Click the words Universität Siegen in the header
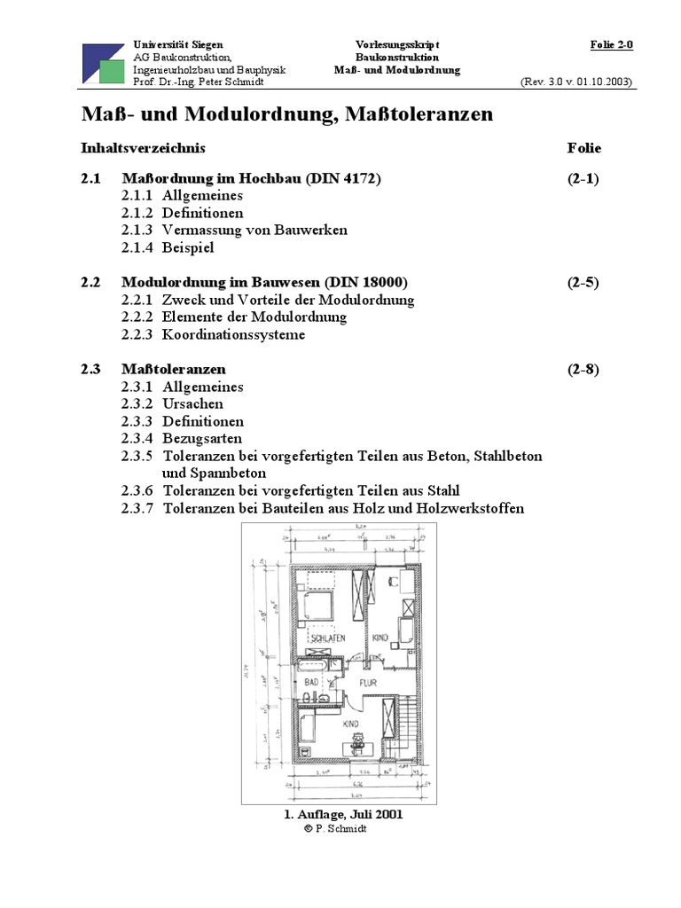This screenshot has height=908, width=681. click(x=178, y=44)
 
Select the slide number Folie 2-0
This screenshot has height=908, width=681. click(x=612, y=44)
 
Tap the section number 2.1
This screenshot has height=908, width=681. click(x=91, y=178)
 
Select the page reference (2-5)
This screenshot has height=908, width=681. click(x=583, y=283)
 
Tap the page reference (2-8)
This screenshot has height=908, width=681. click(x=583, y=369)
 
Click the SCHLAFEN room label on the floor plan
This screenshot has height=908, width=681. click(x=326, y=637)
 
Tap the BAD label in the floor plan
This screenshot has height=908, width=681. click(x=311, y=683)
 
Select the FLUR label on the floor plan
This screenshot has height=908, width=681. click(x=368, y=683)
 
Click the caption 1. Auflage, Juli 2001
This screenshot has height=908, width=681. click(x=340, y=814)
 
